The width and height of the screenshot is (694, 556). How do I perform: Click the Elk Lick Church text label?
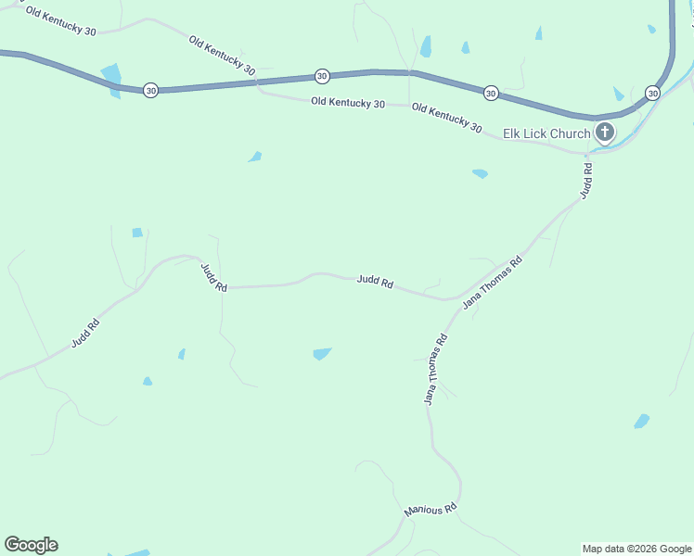[546, 133]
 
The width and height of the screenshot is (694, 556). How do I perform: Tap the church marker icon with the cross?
[604, 133]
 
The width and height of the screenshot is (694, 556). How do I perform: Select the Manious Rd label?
[431, 510]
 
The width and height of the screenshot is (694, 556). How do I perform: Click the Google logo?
[31, 545]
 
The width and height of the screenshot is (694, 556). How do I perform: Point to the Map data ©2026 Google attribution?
[636, 549]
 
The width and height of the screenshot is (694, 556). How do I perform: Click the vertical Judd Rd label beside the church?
[585, 179]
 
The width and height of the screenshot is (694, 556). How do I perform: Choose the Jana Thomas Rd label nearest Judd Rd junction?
[493, 280]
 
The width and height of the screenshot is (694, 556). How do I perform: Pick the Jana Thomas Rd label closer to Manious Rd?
[435, 369]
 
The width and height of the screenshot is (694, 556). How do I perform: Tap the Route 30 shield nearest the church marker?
[652, 94]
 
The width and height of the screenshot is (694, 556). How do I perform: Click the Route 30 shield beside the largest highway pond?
[150, 90]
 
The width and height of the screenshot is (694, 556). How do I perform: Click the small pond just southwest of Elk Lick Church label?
[480, 173]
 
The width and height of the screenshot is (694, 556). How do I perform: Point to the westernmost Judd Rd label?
[85, 334]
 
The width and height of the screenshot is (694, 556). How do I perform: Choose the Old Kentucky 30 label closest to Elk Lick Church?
[446, 119]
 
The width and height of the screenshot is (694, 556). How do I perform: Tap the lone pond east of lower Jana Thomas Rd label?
[641, 422]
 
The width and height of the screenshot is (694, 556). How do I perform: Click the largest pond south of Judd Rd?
[322, 353]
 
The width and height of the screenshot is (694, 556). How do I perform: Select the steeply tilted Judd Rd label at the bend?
[213, 278]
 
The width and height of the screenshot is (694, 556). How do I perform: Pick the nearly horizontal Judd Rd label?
[375, 282]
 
